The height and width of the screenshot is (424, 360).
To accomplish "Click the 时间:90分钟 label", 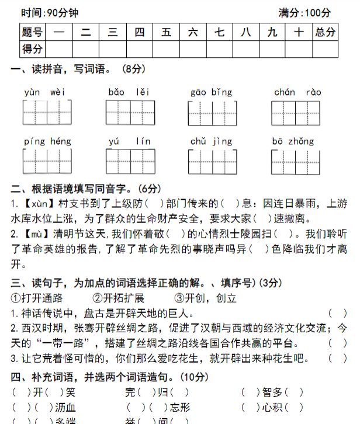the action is [x=49, y=12].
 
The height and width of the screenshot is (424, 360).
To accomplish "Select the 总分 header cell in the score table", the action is [x=325, y=33].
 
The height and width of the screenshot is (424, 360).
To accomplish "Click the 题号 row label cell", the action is [x=32, y=33].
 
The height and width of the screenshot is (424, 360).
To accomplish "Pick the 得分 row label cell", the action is [x=32, y=49].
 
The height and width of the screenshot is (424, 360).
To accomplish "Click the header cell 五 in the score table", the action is [x=167, y=33].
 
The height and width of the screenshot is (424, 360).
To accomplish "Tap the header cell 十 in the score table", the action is [x=299, y=33].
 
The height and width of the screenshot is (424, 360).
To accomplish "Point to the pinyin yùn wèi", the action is [x=44, y=92].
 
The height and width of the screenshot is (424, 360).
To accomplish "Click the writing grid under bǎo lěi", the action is [x=130, y=113].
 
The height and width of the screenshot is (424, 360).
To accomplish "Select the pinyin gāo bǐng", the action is [x=211, y=92].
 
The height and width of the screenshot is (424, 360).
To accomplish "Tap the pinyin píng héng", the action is [x=47, y=141].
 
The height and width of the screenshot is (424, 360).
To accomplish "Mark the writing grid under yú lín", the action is [x=130, y=161].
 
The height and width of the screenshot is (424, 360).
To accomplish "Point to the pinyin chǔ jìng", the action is [x=211, y=141].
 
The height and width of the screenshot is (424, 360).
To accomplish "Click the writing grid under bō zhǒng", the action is [x=296, y=162].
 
